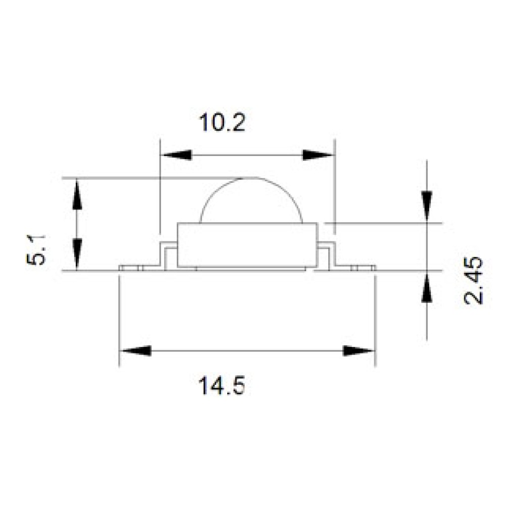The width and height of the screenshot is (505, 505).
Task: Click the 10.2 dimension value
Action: [222, 122]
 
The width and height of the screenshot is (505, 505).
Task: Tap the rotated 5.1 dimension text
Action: [36, 250]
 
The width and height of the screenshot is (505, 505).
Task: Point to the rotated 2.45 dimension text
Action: [474, 280]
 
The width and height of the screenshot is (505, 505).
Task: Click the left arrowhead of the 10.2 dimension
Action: [176, 155]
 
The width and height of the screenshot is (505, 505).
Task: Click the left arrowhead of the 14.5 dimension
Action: [135, 351]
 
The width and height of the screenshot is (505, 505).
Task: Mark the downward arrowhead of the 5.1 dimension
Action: [77, 255]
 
